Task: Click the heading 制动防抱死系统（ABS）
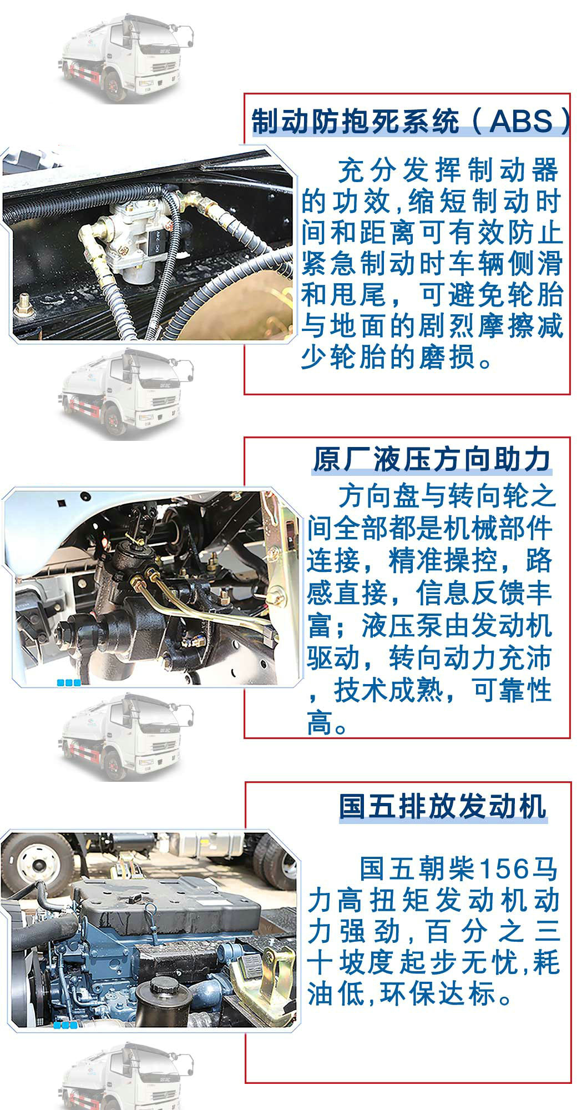(x=411, y=120)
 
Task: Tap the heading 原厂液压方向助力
(x=432, y=460)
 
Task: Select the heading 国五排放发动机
(x=443, y=806)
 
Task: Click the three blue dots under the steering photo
(x=69, y=683)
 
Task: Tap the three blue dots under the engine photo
(x=65, y=1025)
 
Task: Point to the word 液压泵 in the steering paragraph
(x=401, y=625)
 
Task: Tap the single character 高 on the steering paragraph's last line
(x=320, y=723)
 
